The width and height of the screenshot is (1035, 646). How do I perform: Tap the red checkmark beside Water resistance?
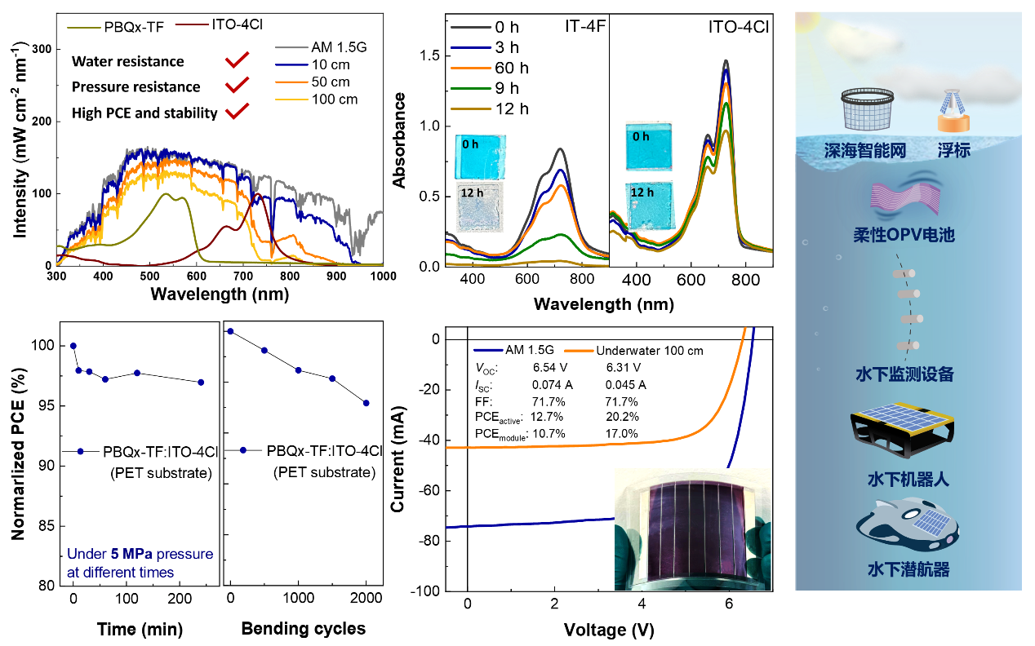click(238, 60)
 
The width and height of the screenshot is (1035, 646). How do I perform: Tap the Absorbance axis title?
click(400, 140)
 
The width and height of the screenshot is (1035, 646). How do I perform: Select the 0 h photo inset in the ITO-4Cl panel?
click(649, 147)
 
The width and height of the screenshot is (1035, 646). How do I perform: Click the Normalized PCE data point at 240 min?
click(201, 382)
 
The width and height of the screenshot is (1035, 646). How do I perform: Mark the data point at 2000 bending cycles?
click(366, 403)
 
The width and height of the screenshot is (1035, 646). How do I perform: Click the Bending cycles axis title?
click(304, 629)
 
